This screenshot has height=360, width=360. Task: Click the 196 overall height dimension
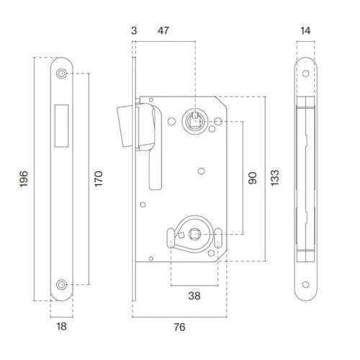tap(24, 179)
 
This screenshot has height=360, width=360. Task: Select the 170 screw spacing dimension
tap(99, 179)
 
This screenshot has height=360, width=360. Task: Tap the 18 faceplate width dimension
tap(61, 326)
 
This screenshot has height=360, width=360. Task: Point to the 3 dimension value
tap(134, 31)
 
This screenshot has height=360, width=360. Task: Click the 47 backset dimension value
tap(163, 31)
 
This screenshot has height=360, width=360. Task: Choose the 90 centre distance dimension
tap(253, 178)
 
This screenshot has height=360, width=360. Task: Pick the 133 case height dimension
tap(275, 178)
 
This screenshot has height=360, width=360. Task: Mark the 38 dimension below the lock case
tap(194, 296)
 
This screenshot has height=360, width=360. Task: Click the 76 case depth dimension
tap(180, 327)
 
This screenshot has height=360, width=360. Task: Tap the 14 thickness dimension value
tap(305, 31)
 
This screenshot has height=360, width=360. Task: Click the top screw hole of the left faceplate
tap(61, 73)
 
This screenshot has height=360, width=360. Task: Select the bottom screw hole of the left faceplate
tap(61, 285)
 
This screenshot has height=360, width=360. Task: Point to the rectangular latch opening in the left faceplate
tap(61, 125)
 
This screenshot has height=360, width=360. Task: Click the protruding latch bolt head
tap(125, 127)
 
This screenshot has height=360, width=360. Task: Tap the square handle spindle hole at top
tap(195, 122)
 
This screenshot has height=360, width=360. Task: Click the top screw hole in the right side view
tap(305, 73)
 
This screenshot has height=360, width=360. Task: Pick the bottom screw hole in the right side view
tap(305, 285)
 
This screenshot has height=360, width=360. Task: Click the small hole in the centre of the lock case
tap(202, 171)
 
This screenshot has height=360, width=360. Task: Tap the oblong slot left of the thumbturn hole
tap(171, 238)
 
